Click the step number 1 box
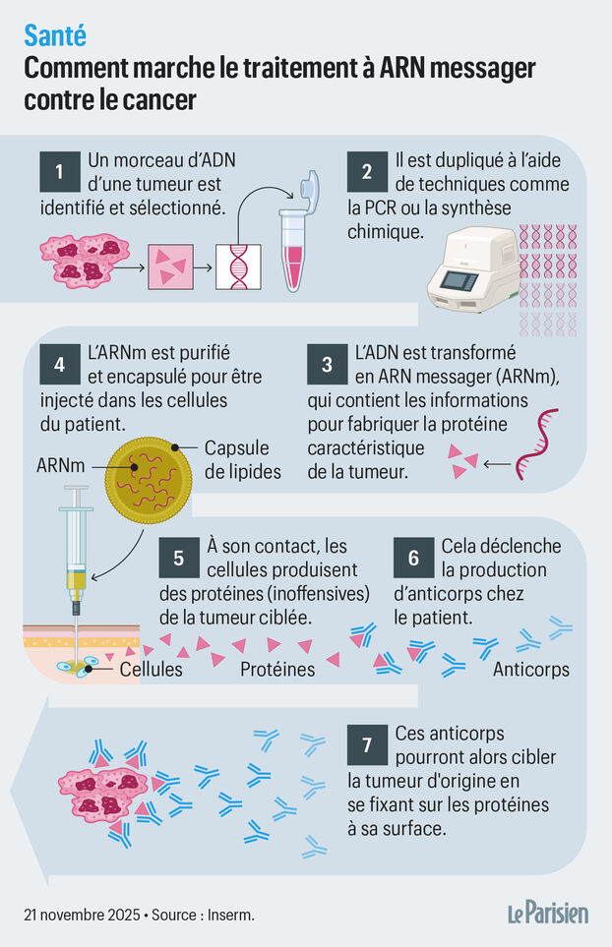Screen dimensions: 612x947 [x=59, y=172]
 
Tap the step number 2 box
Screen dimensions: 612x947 [x=366, y=172]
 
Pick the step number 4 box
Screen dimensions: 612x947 [x=59, y=364]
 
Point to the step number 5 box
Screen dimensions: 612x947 [x=178, y=558]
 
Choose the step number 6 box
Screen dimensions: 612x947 [x=413, y=558]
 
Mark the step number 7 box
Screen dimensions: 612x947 [x=366, y=746]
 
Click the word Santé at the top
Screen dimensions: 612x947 [x=54, y=36]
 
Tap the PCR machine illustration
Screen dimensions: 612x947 [x=471, y=270]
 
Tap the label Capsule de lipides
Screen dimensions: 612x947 [x=242, y=459]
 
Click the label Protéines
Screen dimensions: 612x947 [x=277, y=670]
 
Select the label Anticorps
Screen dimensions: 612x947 [x=530, y=670]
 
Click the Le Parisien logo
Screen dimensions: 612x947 [x=548, y=913]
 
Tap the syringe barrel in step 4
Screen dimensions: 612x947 [x=75, y=547]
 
